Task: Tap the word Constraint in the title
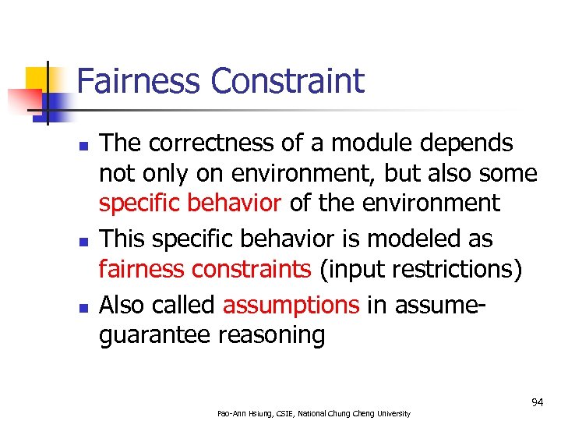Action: (x=288, y=81)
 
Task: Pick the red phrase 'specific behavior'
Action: (x=189, y=203)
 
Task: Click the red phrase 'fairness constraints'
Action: (x=204, y=269)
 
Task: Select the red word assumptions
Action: (x=291, y=303)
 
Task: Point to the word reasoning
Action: (x=272, y=336)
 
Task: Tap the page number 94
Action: (x=537, y=402)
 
